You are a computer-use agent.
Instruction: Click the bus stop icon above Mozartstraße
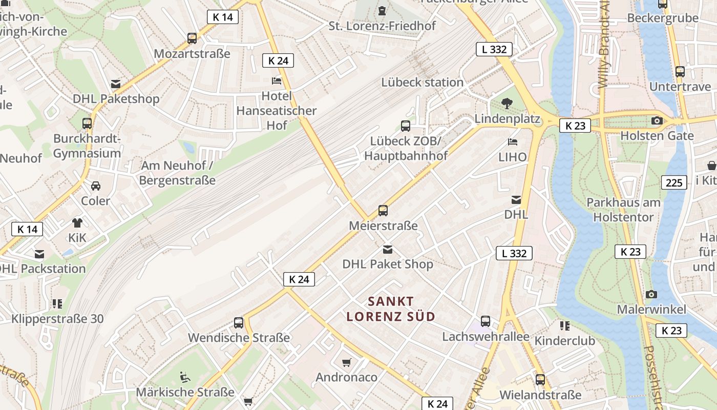[192, 38]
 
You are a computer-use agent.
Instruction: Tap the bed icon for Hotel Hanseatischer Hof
[277, 81]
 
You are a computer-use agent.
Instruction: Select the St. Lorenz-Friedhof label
[382, 26]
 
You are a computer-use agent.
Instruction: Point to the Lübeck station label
[422, 82]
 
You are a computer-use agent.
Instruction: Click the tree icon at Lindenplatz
[507, 104]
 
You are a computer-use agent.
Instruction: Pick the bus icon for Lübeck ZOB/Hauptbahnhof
[405, 126]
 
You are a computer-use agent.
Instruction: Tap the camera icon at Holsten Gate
[657, 121]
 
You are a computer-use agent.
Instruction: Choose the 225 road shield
[674, 182]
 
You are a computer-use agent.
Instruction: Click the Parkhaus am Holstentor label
[623, 210]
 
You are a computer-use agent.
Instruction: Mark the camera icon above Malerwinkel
[651, 294]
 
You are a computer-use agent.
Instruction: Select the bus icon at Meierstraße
[383, 210]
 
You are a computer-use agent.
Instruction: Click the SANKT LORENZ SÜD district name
[391, 309]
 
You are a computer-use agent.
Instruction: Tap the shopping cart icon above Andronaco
[347, 362]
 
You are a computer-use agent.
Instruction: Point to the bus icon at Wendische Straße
[239, 323]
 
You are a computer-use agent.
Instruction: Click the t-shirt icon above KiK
[77, 222]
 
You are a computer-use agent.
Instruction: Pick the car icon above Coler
[96, 186]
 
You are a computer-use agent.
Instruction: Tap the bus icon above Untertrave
[680, 72]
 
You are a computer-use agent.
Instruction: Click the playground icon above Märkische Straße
[185, 377]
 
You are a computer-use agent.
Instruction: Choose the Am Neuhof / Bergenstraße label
[177, 173]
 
